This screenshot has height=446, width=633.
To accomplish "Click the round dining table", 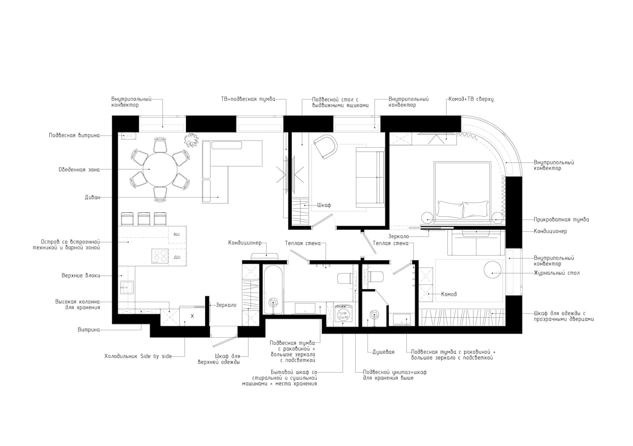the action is click(160, 170).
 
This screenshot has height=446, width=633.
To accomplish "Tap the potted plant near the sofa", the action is click(191, 140).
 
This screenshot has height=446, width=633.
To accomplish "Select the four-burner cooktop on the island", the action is click(160, 256).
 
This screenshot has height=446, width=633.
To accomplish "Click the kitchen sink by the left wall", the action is click(127, 287).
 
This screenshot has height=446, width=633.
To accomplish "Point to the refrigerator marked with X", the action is click(192, 316).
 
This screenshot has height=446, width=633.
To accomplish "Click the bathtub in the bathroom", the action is click(273, 289).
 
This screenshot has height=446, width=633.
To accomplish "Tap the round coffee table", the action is click(493, 270).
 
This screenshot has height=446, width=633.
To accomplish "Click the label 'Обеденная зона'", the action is click(79, 170).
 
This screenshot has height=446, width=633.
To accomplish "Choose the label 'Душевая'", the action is click(383, 352).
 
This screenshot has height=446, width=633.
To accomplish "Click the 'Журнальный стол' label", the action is click(557, 273).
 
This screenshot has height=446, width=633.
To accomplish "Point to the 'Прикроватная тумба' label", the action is click(561, 219).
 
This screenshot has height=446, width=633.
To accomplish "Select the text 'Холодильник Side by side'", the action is click(138, 356).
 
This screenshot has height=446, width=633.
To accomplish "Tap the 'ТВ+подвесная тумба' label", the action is click(248, 99).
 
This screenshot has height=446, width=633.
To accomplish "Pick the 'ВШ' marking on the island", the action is click(176, 234).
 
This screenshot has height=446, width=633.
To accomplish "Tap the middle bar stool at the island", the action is click(144, 219).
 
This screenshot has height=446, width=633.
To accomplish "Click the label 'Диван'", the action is click(93, 197).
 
